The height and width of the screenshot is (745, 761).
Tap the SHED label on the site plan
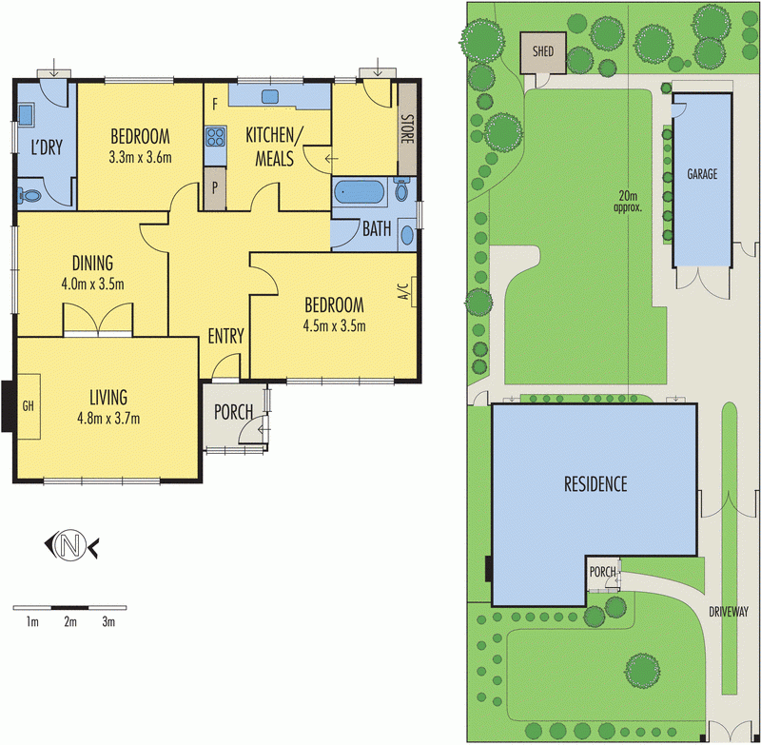pos(542,51)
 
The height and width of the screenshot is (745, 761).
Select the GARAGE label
pos(702,174)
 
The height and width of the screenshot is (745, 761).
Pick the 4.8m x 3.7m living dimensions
pos(109,416)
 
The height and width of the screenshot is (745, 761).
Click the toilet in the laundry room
pos(30,196)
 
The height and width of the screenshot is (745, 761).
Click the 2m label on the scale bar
pos(69,622)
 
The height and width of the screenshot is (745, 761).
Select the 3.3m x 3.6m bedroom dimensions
pos(140,157)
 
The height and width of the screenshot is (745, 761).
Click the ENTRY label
pos(226,336)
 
